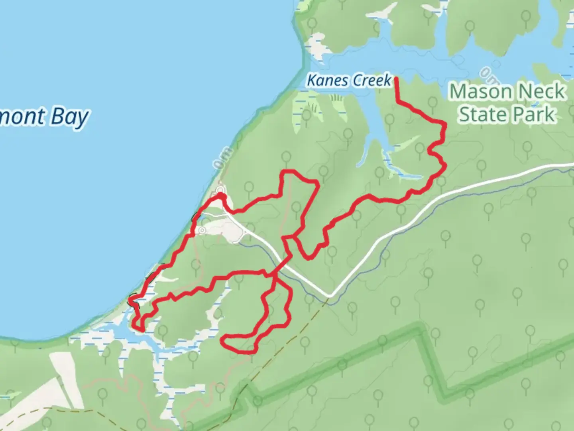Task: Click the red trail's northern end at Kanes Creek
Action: point(396,79)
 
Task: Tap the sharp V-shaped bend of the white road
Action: point(330,296)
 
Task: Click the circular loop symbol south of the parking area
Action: point(202,230)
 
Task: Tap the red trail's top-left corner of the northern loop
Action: point(283,172)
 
